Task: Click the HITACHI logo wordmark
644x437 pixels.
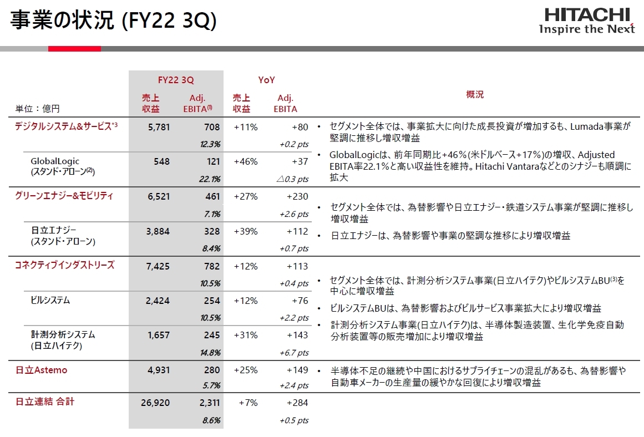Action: [x=586, y=14]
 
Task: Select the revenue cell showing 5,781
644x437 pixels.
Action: [x=159, y=127]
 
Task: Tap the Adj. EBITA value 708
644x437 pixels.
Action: [x=212, y=127]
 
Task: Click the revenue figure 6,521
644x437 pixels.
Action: [x=159, y=196]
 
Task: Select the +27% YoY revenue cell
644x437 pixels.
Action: [x=246, y=196]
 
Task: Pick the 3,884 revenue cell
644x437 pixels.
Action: [x=159, y=231]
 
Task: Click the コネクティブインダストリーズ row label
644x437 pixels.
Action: [x=64, y=265]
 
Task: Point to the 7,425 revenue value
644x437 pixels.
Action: [x=159, y=266]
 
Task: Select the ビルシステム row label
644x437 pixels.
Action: [x=50, y=301]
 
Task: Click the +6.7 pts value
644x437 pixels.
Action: [x=294, y=353]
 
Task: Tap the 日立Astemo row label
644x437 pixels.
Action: [x=41, y=370]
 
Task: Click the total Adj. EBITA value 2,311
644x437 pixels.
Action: [x=209, y=403]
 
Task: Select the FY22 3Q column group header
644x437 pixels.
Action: [x=176, y=80]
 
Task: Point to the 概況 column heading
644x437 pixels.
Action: [x=475, y=94]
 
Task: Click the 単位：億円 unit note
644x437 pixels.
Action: [x=37, y=109]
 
